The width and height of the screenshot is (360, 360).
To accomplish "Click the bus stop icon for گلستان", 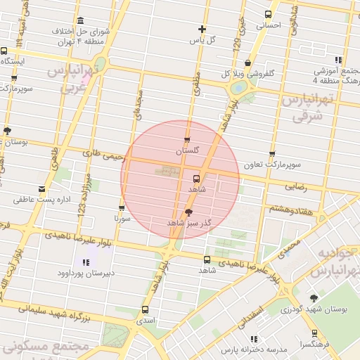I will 187,140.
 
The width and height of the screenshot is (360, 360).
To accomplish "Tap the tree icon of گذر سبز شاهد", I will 188,212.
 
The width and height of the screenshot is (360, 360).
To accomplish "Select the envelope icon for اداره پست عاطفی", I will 42,189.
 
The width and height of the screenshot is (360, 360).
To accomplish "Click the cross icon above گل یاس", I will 202,30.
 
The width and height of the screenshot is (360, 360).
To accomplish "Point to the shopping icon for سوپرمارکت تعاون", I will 272,155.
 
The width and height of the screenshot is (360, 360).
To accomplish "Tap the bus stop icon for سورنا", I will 122,208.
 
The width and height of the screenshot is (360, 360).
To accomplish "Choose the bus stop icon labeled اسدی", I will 146,309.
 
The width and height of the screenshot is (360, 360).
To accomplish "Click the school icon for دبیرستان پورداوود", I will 86,263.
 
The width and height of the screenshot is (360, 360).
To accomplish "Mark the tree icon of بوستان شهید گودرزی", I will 314,298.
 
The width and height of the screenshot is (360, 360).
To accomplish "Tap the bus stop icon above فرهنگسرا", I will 314,333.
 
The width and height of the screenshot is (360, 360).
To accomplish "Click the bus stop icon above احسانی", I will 268,14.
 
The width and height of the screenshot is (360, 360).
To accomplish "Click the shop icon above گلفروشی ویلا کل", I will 247,63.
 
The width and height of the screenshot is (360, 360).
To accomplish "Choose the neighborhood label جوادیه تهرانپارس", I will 333,262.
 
